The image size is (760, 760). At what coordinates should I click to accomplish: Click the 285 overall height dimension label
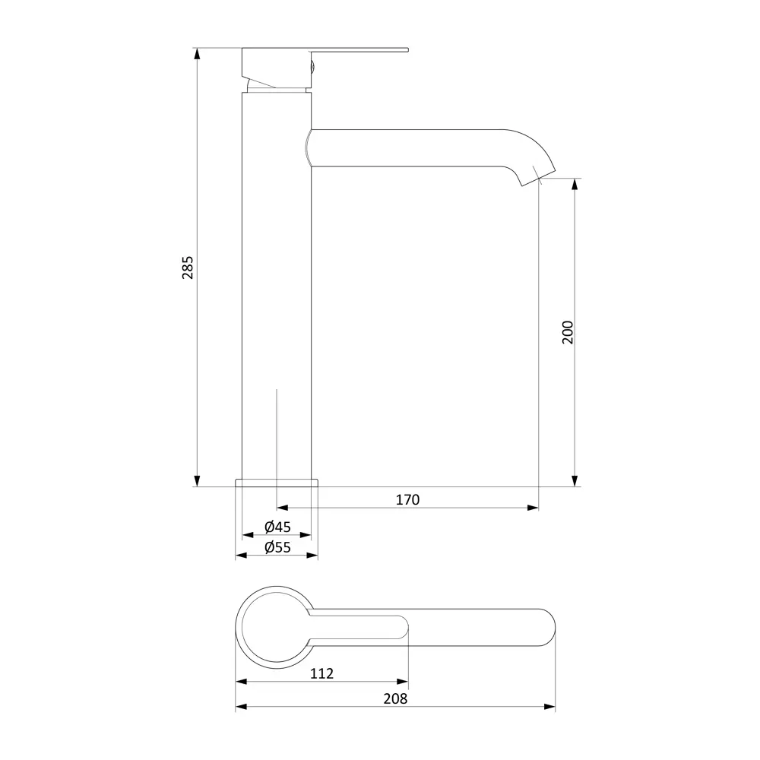coord(188,268)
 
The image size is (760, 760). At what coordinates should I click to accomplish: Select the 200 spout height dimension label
coord(568,333)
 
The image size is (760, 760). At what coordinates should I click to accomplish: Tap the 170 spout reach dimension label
coord(407,500)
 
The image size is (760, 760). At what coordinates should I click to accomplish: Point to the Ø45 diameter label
coord(277,527)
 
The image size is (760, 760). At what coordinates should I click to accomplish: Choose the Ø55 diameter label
coord(277,547)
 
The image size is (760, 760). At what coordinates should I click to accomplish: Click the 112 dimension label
coord(321,673)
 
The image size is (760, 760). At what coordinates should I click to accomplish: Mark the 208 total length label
coord(395,698)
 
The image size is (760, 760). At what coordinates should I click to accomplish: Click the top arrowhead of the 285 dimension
coord(197,54)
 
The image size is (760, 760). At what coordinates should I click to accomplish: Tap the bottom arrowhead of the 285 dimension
coord(197,480)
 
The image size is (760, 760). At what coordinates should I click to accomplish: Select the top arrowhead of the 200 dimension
coord(575,184)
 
